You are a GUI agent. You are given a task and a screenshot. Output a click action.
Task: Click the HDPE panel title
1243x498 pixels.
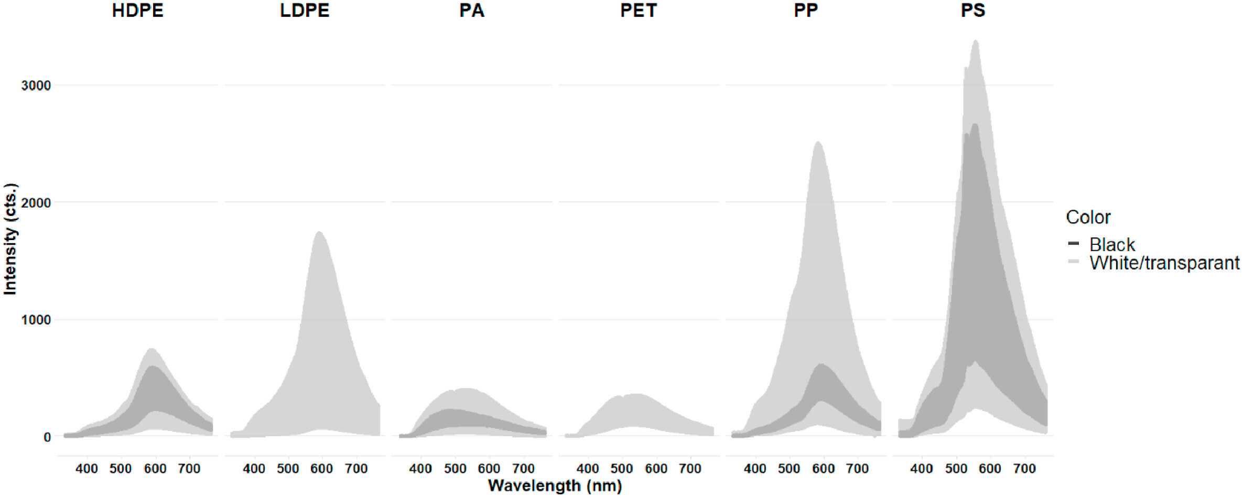click(137, 11)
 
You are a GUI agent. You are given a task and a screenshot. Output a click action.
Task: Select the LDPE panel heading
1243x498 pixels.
click(304, 11)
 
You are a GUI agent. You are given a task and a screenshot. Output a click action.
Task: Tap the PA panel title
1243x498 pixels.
click(471, 11)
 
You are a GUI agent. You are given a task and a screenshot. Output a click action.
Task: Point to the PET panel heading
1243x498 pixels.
click(638, 11)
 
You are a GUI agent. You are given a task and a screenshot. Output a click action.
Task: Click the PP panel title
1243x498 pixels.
click(805, 11)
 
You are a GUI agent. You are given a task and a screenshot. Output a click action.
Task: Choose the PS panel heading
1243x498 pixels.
click(972, 11)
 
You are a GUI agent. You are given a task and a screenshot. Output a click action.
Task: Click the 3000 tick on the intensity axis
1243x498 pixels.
click(36, 85)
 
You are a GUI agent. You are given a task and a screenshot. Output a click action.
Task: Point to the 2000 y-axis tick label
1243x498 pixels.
click(36, 203)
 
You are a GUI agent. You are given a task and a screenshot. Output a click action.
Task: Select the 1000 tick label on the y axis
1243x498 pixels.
click(36, 320)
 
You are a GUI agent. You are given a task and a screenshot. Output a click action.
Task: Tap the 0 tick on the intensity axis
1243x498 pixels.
click(47, 437)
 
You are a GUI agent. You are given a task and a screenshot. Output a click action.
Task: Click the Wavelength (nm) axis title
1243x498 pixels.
click(555, 486)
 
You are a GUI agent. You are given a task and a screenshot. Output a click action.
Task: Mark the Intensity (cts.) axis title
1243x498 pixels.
click(10, 239)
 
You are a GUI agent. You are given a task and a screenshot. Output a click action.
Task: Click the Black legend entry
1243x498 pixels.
click(1111, 244)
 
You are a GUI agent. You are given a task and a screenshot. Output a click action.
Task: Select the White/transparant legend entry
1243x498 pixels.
click(1164, 263)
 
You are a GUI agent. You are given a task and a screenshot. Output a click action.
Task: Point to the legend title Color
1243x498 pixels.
click(1088, 217)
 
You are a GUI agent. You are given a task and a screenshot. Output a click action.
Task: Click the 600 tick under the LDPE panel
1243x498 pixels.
click(321, 469)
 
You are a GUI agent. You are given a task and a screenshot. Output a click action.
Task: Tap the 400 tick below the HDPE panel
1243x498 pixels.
click(87, 469)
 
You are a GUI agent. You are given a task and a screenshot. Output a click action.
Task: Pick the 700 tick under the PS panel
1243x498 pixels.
click(1024, 469)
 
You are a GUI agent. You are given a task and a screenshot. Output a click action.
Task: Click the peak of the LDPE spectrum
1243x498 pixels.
click(319, 232)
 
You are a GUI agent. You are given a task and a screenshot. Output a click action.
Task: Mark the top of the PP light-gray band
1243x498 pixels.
click(818, 142)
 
